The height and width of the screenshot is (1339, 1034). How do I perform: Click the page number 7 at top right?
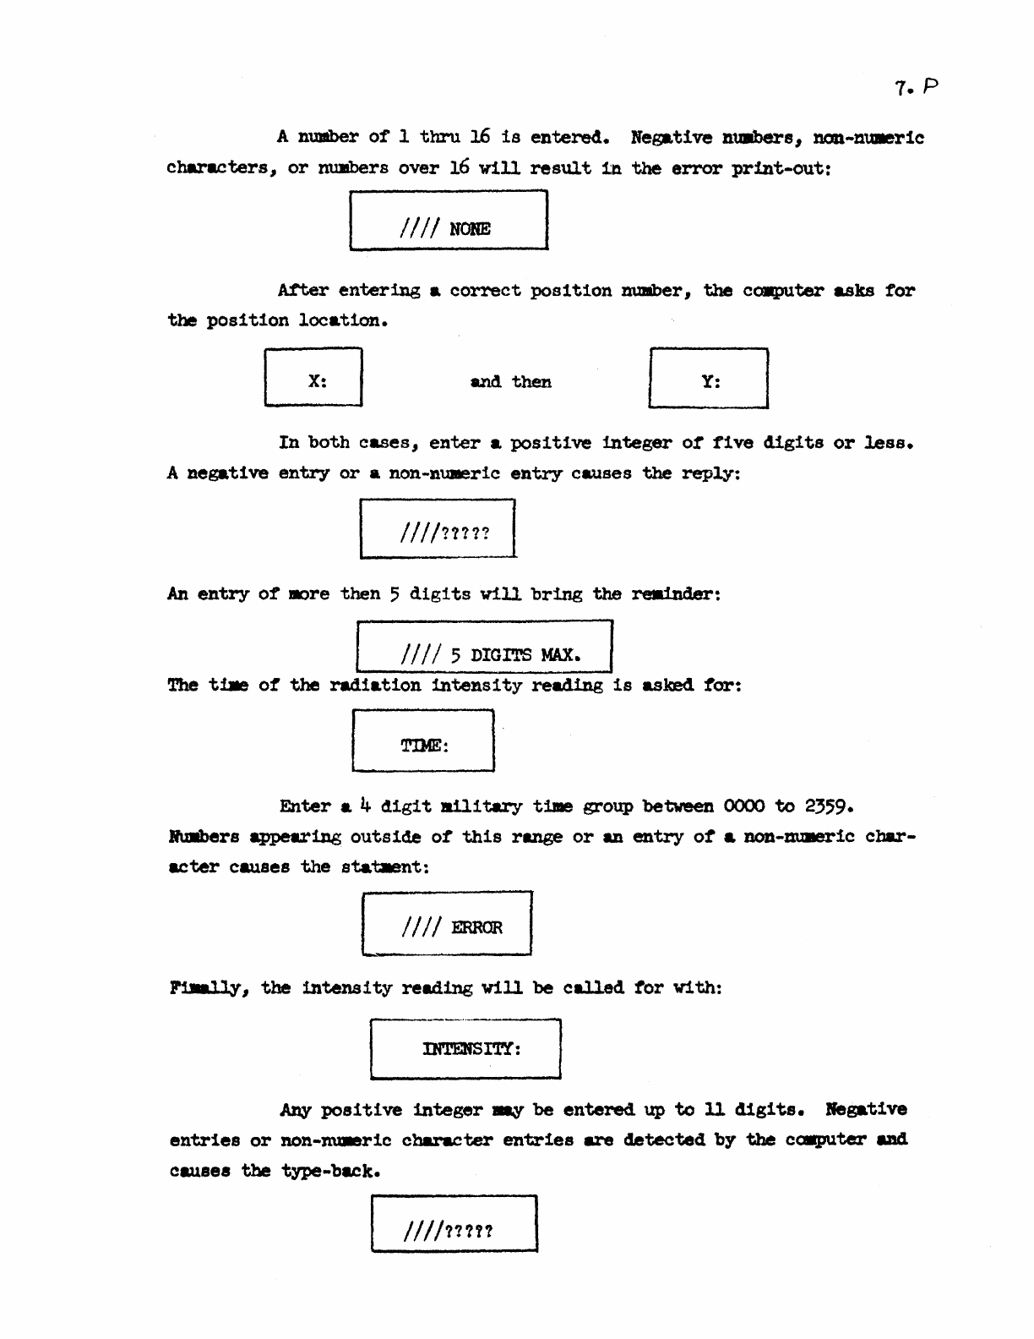901,87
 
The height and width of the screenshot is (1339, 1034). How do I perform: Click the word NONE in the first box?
471,229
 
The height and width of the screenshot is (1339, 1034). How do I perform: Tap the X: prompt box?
313,378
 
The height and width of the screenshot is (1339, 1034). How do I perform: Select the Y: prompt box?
709,379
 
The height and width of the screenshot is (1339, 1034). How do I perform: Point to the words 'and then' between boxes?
510,382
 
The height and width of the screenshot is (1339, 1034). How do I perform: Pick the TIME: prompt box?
423,741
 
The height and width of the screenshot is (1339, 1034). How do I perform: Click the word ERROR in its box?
476,927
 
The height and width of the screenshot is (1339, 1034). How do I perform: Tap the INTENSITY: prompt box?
465,1049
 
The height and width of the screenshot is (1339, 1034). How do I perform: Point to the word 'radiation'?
374,685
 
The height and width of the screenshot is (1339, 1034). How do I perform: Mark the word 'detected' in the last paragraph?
664,1140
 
